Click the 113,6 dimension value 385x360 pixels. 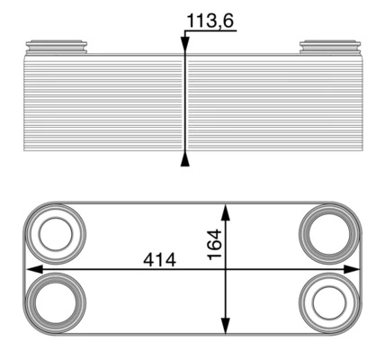click(209, 19)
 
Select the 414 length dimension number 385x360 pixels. click(159, 259)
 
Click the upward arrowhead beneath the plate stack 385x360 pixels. click(185, 160)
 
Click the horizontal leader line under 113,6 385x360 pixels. click(211, 31)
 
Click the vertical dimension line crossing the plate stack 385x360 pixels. click(185, 103)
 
